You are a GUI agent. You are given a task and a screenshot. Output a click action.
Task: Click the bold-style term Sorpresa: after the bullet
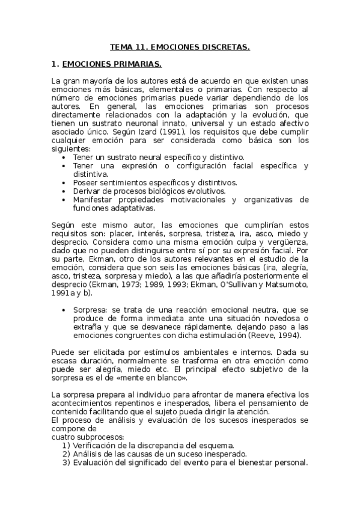tap(90, 309)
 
